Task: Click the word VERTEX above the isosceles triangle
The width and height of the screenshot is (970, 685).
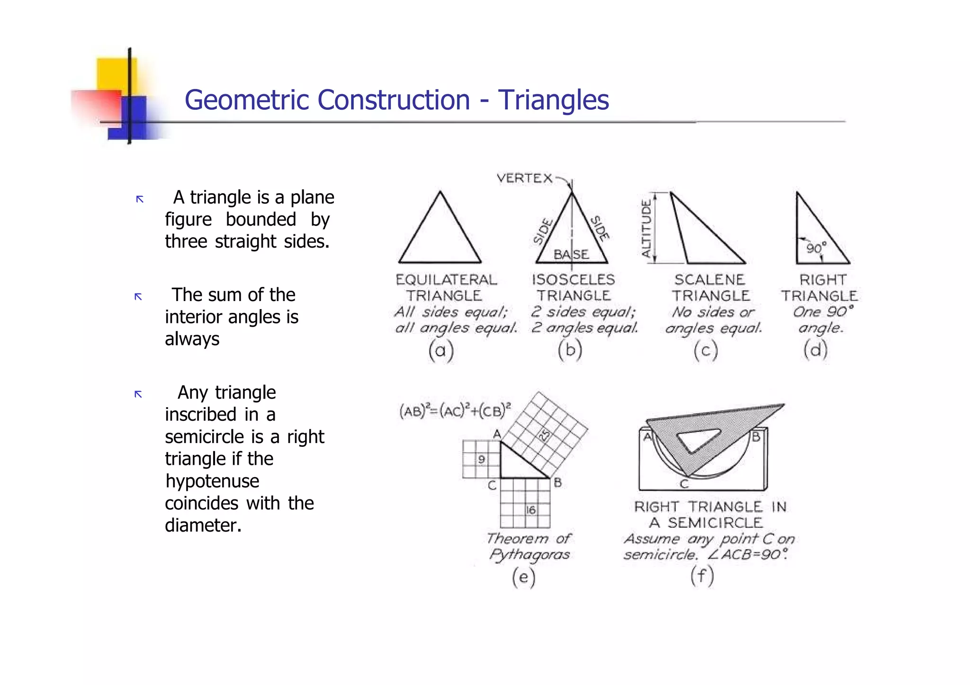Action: (524, 178)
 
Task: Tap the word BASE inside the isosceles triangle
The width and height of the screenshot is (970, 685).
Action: (571, 255)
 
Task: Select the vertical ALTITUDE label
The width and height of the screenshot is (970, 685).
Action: (646, 228)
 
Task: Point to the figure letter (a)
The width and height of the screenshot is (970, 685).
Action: (441, 351)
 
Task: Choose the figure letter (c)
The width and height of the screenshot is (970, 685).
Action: (706, 351)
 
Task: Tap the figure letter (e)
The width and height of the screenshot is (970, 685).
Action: (523, 577)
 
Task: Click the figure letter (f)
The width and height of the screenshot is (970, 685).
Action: (702, 576)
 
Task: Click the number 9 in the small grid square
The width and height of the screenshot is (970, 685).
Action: (481, 459)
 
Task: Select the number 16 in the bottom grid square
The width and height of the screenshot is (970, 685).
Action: (531, 510)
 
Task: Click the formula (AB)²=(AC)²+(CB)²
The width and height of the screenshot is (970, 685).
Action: (455, 410)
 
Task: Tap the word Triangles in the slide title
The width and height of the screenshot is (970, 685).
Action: (553, 100)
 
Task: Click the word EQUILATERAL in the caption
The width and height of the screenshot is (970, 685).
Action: (446, 280)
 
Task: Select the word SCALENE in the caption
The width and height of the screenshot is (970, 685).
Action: (710, 280)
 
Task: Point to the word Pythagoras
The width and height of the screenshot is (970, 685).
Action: (530, 554)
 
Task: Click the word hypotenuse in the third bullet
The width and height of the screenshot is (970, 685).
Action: (212, 481)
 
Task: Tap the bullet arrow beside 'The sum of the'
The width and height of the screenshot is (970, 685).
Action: (138, 297)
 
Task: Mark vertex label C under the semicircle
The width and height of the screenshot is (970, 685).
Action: (684, 484)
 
